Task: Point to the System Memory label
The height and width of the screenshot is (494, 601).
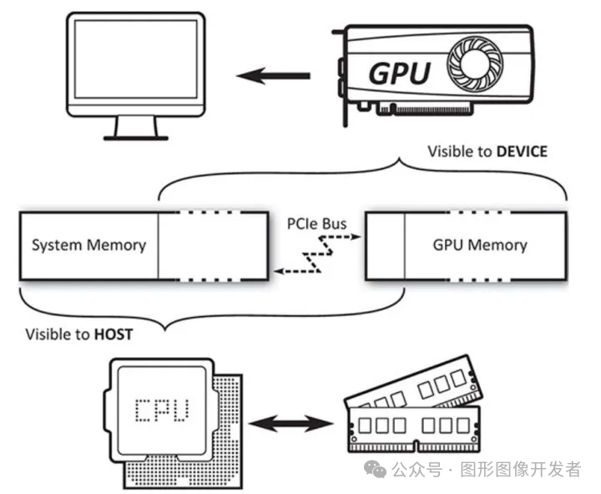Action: point(88,245)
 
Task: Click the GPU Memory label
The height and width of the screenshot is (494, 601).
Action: point(480,245)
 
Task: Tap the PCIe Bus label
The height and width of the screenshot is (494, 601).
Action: point(316,224)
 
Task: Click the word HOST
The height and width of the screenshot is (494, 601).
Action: point(113,334)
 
